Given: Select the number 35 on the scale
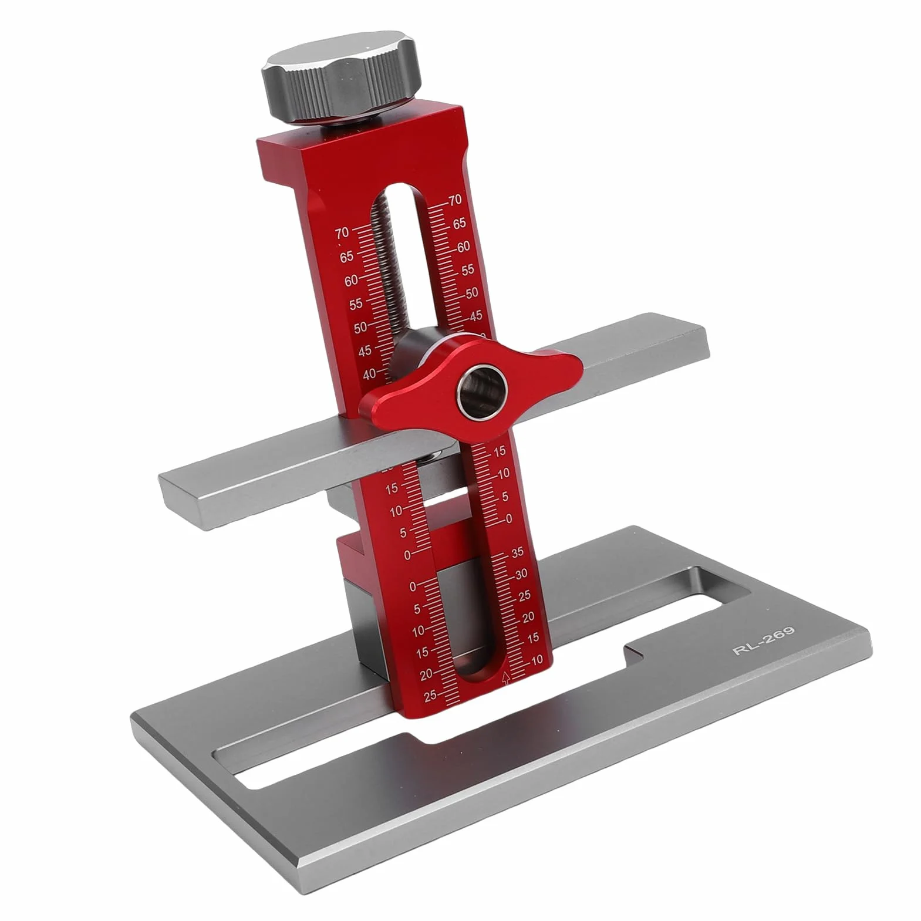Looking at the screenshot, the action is [x=517, y=552].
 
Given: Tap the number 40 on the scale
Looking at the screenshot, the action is [x=369, y=374].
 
